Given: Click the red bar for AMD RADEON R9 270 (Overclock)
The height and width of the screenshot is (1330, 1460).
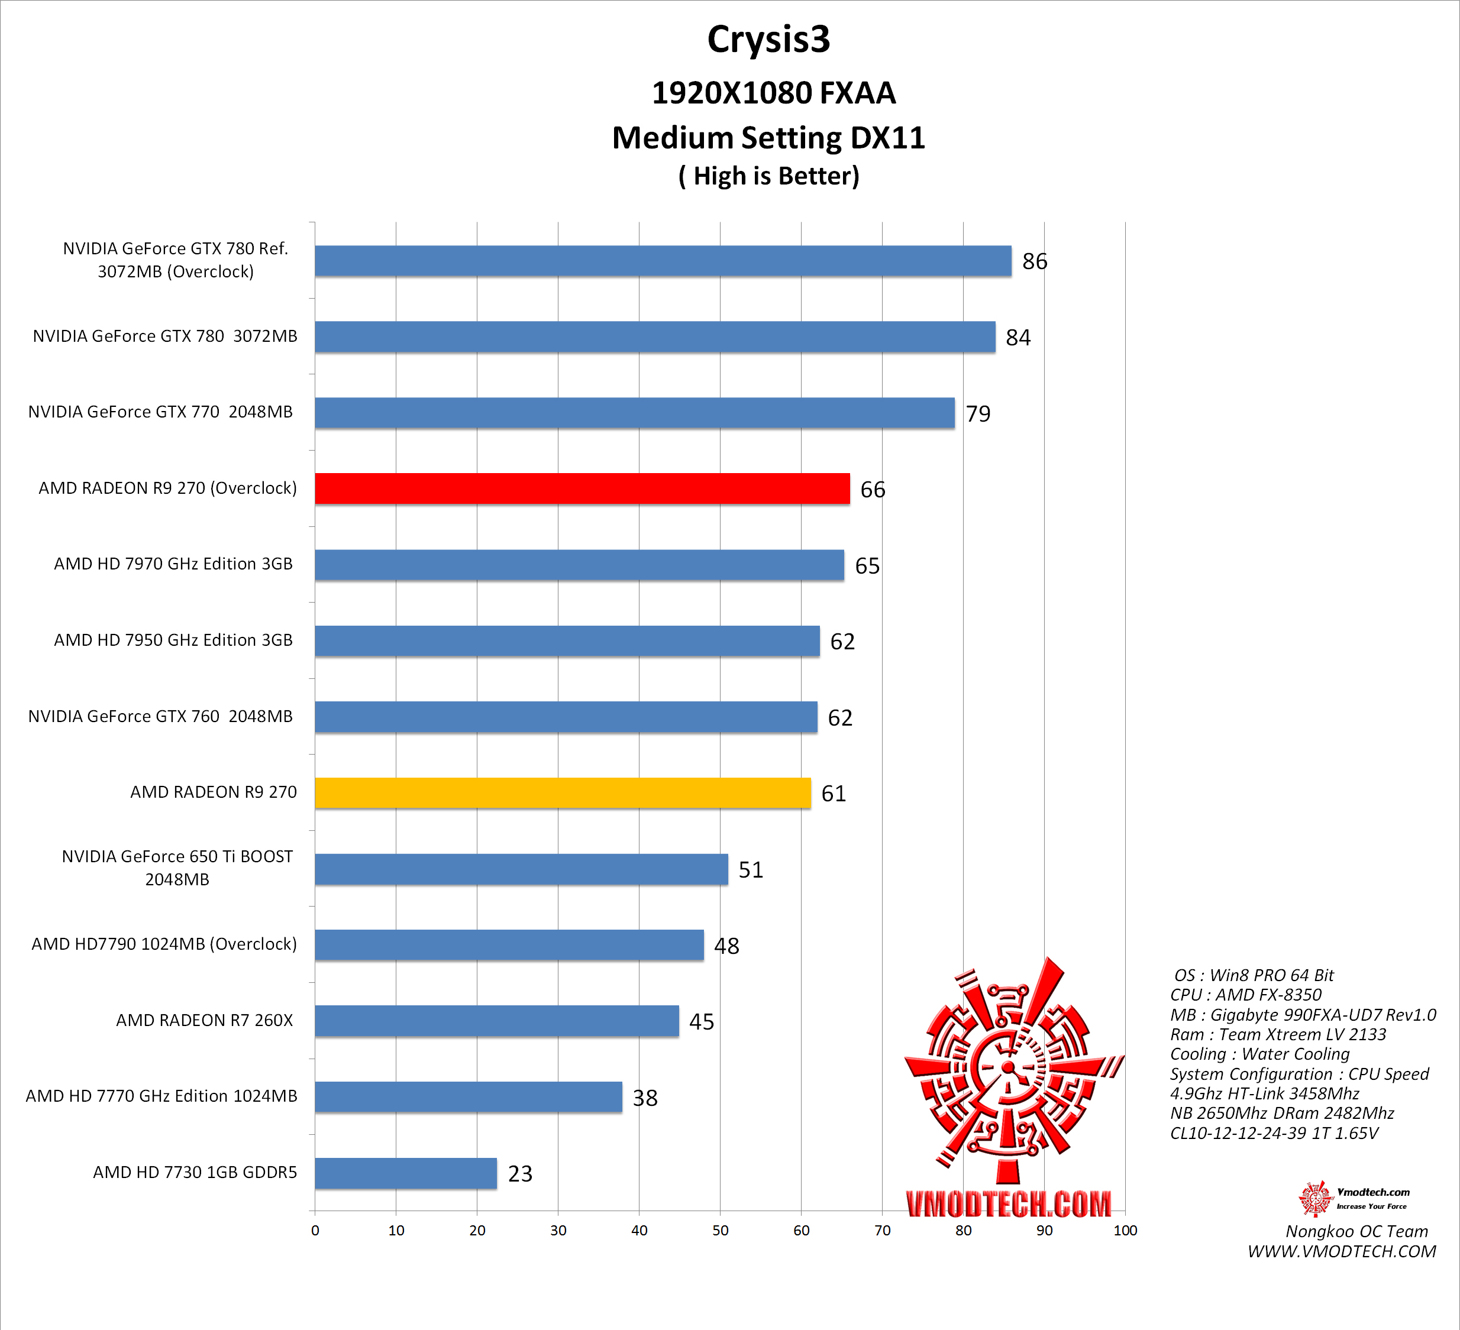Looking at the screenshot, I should coord(582,488).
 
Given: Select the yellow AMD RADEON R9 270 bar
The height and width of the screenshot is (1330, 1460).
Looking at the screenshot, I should coord(562,793).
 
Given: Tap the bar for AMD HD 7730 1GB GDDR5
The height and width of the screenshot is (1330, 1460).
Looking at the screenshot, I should coord(406,1173).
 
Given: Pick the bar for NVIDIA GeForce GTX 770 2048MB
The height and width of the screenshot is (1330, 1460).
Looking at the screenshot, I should coord(634,413).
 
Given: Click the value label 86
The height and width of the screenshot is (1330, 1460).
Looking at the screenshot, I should coord(1034,261).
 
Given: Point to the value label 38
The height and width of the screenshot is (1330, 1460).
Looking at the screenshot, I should coord(645,1098).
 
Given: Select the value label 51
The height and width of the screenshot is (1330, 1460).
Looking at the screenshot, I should coord(750,869).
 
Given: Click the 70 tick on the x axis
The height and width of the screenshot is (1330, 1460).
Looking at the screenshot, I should coord(882,1230).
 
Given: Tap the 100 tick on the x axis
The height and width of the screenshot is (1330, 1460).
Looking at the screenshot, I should coord(1125,1230).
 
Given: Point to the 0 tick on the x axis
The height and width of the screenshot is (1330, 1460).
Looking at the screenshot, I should coord(315,1230).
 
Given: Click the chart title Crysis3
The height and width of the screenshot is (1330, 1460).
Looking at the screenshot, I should coord(768,39).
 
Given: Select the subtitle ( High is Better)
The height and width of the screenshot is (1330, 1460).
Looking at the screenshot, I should coord(768,176).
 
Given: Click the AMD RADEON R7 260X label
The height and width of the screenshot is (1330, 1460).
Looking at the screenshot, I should coord(204,1020).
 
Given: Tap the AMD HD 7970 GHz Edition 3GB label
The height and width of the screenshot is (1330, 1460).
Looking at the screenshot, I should coord(173,564).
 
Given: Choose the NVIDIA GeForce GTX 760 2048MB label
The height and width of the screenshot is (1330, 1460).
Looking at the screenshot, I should coord(160,716).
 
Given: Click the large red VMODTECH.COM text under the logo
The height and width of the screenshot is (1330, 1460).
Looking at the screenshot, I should coord(1008,1204).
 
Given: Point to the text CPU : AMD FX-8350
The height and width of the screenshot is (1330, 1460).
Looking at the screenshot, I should coord(1246,995).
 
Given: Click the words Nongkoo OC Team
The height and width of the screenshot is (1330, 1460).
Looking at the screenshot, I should coord(1356,1231).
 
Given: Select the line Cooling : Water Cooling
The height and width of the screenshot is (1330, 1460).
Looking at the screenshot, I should coord(1259,1054).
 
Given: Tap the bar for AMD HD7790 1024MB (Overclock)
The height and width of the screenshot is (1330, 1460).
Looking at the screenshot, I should coord(509,945).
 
